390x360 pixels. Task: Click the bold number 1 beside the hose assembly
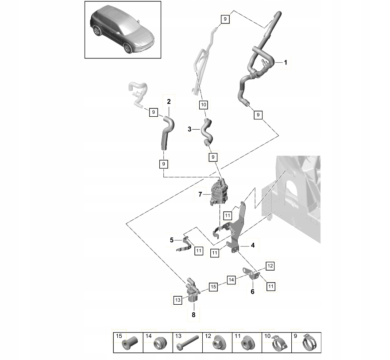point(286,63)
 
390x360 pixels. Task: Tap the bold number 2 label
point(169,102)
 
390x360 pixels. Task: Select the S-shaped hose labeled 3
point(207,131)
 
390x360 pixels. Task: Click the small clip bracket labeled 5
point(184,244)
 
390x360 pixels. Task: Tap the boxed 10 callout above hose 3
point(203,105)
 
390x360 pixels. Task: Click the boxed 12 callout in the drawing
point(270,266)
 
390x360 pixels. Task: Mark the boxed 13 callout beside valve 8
point(177,300)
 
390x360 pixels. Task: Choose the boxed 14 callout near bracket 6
point(231,280)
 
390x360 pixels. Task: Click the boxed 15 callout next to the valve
point(213,286)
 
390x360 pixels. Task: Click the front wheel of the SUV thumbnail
point(128,48)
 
